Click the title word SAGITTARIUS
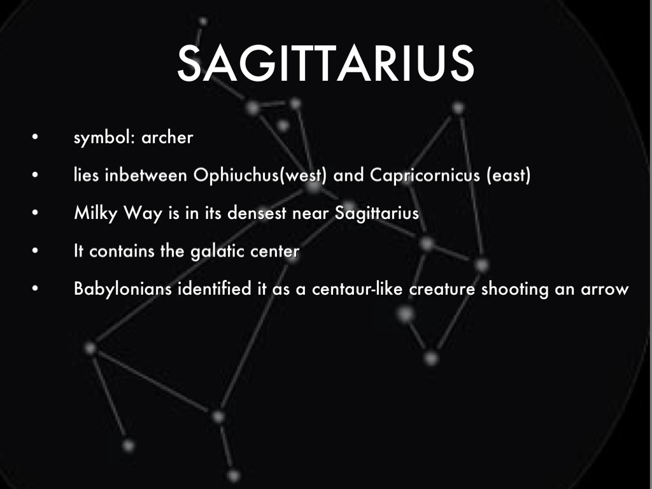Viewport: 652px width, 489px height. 325,63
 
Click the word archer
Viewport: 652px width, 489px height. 167,138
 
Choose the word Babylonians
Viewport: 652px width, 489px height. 123,289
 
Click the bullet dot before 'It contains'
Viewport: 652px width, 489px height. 35,250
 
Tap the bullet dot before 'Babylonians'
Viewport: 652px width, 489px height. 35,288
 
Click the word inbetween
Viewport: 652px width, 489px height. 146,175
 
